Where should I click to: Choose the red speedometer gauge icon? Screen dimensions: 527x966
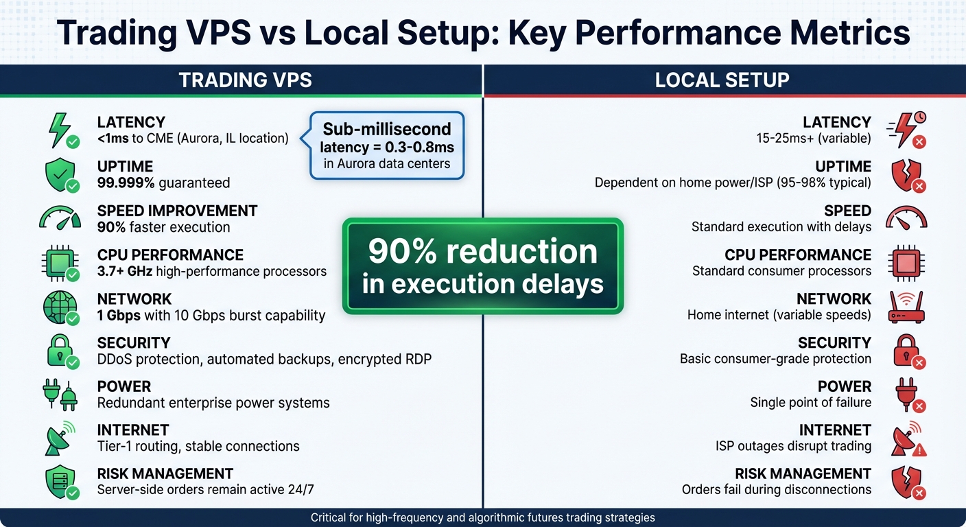click(906, 218)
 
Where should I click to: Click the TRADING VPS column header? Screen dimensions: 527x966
click(245, 80)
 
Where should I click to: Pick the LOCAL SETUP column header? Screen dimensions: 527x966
click(722, 80)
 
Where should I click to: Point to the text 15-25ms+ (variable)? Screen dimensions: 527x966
click(813, 139)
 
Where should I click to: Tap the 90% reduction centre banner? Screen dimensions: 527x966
click(482, 266)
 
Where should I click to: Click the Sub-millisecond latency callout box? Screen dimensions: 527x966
click(387, 145)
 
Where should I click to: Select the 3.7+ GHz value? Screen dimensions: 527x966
click(125, 271)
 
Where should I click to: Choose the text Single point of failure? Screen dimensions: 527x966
click(810, 403)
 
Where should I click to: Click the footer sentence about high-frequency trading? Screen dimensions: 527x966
click(482, 517)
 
